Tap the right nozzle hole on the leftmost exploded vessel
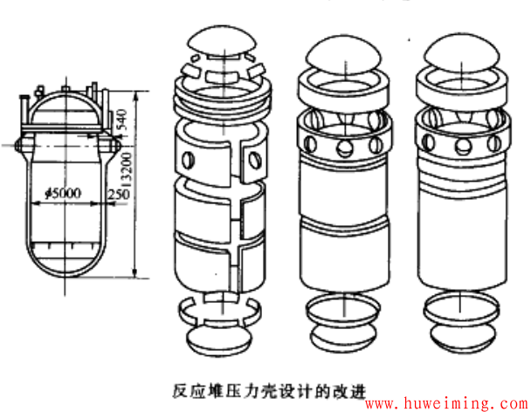pos(256,158)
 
